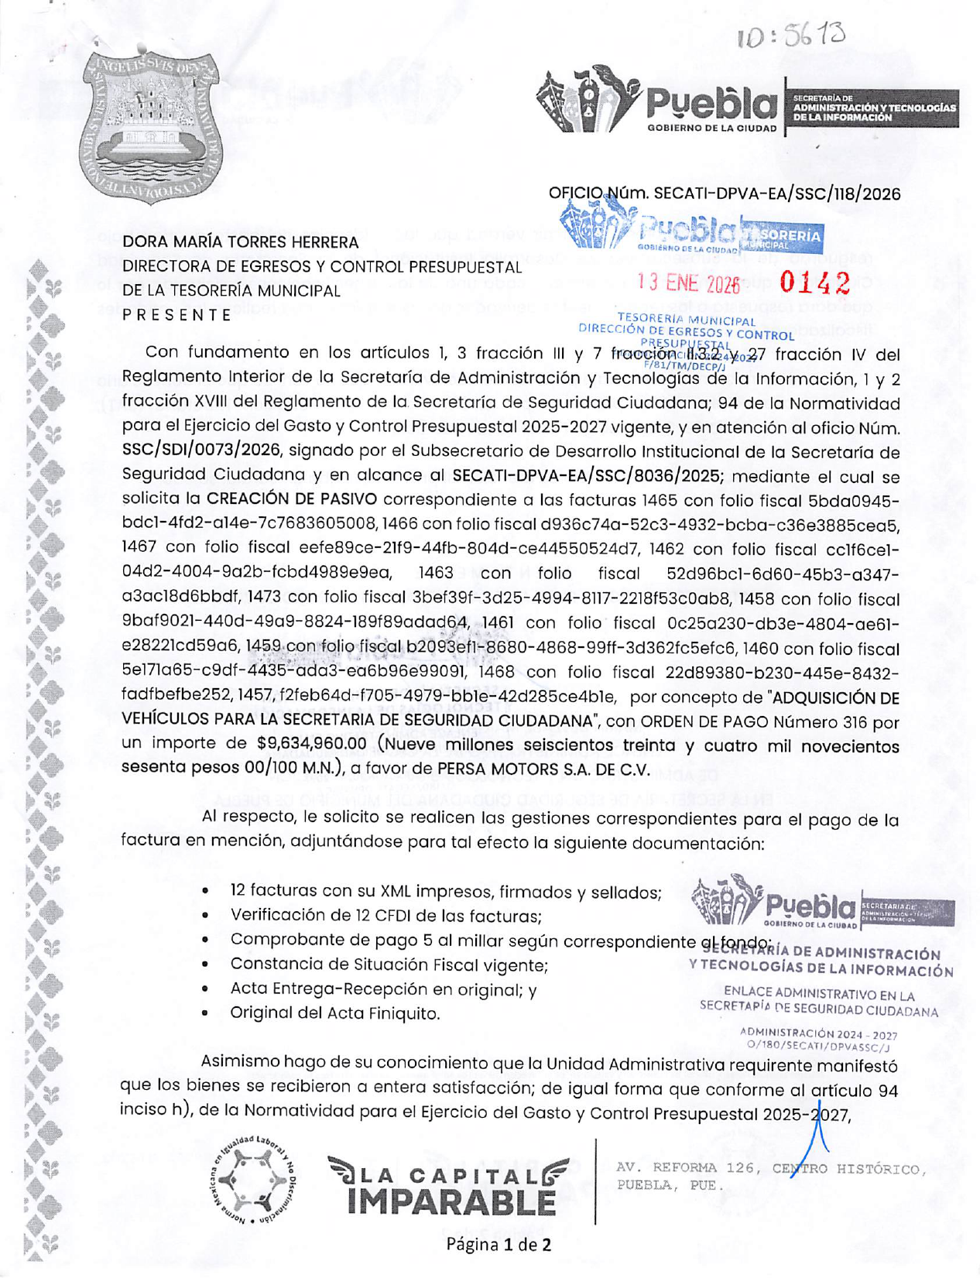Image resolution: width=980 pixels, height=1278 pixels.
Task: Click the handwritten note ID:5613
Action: click(790, 35)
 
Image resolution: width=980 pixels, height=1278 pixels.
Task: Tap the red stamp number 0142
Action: click(815, 283)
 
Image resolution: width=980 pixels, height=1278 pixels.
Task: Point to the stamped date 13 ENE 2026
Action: click(688, 284)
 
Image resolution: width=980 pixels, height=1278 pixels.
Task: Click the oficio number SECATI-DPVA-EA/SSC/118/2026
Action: click(777, 194)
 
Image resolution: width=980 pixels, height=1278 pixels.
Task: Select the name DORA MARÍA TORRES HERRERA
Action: click(241, 242)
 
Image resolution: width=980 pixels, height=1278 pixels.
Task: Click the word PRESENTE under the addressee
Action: click(177, 315)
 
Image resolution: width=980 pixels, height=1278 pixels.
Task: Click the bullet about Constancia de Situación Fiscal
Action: click(389, 965)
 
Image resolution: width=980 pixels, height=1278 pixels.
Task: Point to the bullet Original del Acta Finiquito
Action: click(334, 1013)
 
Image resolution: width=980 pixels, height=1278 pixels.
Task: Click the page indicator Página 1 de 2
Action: click(499, 1245)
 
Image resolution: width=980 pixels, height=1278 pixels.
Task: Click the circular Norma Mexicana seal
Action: click(254, 1181)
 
